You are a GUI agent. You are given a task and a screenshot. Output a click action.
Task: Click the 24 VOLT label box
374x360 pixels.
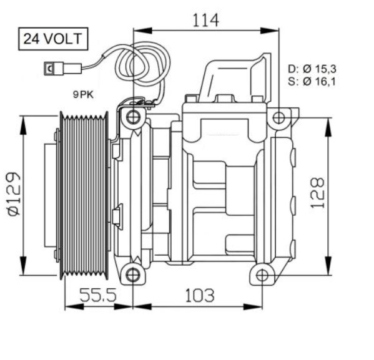click(x=52, y=39)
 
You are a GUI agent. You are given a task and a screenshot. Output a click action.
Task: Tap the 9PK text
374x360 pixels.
click(x=84, y=94)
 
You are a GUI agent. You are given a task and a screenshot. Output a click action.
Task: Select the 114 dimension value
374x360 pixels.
click(x=205, y=20)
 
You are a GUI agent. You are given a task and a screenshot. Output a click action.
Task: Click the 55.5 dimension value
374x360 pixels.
click(x=98, y=294)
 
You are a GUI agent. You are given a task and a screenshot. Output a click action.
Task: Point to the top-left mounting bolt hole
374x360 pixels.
click(x=132, y=117)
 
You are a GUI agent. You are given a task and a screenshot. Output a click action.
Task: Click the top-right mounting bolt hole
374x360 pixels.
click(x=278, y=117)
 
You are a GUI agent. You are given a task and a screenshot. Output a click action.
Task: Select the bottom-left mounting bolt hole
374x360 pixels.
click(x=132, y=275)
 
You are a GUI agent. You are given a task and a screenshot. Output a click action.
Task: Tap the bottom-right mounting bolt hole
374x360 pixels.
click(x=262, y=275)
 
